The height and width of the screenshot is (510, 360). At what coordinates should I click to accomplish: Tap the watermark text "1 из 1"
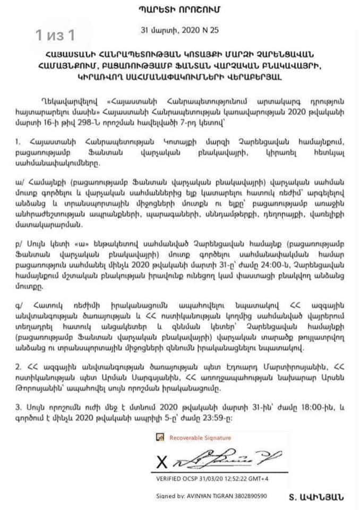pos(55,36)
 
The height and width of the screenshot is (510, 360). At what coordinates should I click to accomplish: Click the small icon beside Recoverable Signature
pos(159,437)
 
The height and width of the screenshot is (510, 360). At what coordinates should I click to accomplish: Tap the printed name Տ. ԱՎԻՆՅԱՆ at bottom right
pos(316,497)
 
